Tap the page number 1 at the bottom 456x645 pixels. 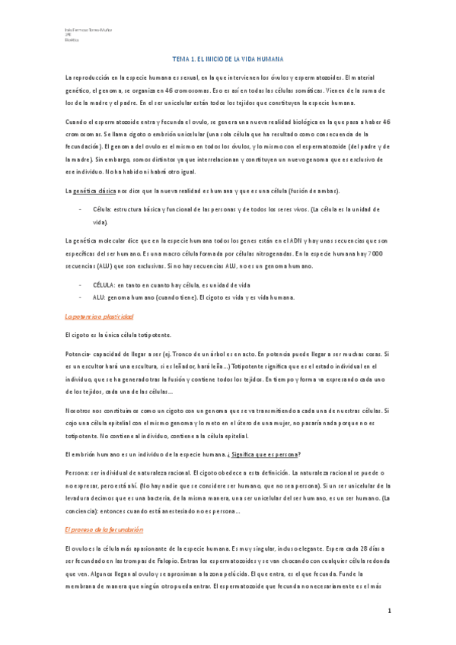[x=389, y=612]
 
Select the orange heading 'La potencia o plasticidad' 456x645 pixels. [x=99, y=316]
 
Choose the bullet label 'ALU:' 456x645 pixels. [x=99, y=297]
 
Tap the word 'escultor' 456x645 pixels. [x=93, y=364]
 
